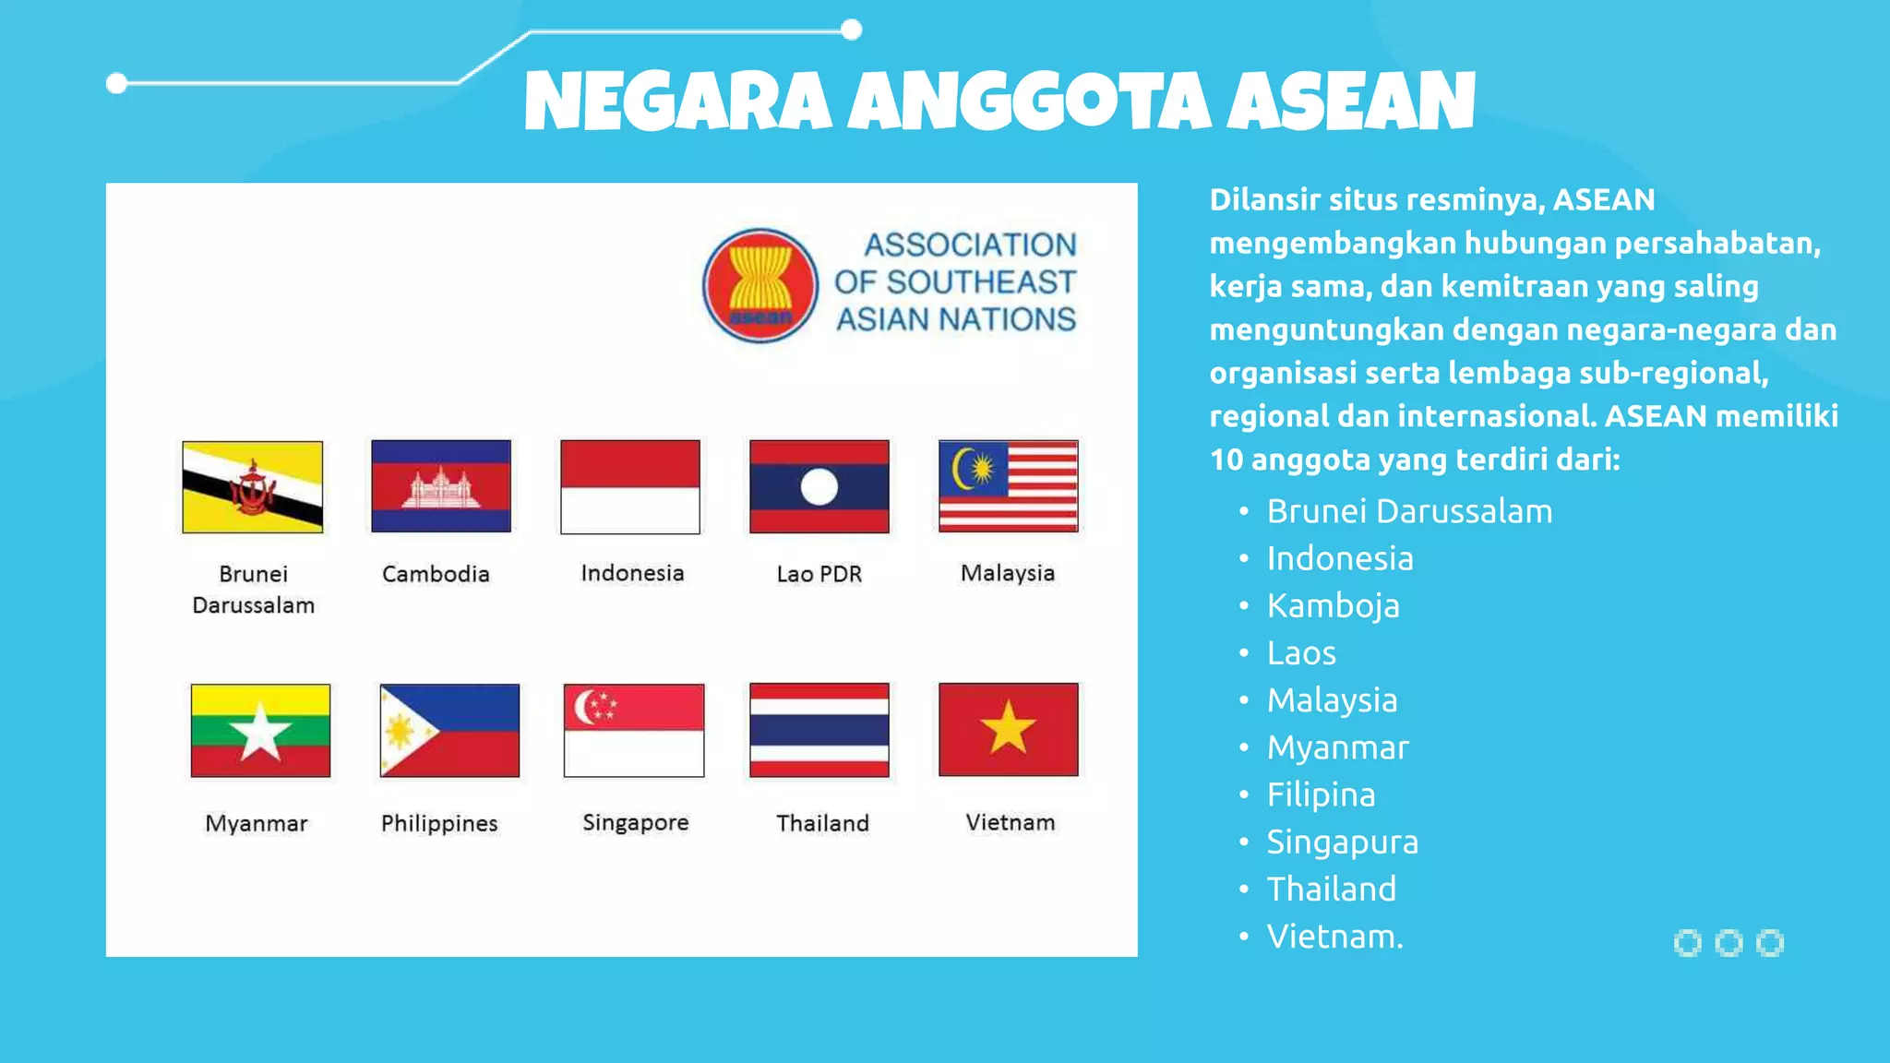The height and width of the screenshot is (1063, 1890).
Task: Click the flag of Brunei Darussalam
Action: pos(253,487)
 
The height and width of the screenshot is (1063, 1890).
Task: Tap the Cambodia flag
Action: pos(441,486)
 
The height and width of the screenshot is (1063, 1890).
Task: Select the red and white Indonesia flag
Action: pos(630,486)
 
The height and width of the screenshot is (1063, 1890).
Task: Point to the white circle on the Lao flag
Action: pos(819,486)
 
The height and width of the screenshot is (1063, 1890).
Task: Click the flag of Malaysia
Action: pos(1008,486)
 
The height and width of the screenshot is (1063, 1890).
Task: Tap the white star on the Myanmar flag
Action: pos(260,732)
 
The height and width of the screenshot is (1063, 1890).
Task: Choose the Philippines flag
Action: pos(449,731)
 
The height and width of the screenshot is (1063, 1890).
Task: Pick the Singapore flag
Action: pos(634,731)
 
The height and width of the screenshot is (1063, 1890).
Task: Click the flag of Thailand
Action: pos(819,730)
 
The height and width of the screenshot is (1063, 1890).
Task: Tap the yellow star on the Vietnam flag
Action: pos(1008,728)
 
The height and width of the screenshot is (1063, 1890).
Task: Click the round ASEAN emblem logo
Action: pos(760,286)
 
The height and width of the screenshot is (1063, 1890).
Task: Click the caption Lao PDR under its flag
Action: pos(819,574)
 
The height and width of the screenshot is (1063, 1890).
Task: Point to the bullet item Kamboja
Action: pos(1333,606)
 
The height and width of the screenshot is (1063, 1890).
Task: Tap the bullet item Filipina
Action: pos(1321,795)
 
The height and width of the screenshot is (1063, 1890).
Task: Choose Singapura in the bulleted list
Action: pos(1342,842)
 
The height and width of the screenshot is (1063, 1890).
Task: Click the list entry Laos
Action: pos(1301,653)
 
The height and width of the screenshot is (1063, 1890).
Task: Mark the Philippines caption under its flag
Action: pos(439,823)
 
